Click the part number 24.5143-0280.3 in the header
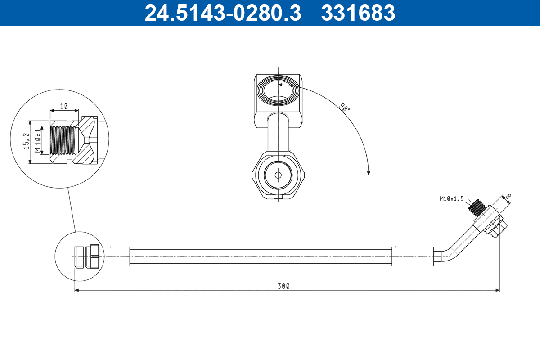click(x=222, y=13)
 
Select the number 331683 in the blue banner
click(x=358, y=13)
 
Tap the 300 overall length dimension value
click(x=283, y=286)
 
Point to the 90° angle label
click(x=344, y=107)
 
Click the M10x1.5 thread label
click(x=451, y=198)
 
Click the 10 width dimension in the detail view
click(x=64, y=107)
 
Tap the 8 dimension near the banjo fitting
click(x=508, y=197)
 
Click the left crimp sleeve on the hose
click(x=116, y=256)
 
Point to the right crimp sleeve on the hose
click(x=413, y=256)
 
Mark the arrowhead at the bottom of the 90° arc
click(x=369, y=172)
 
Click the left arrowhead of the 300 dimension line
click(x=77, y=290)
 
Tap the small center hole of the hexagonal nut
click(x=278, y=175)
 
